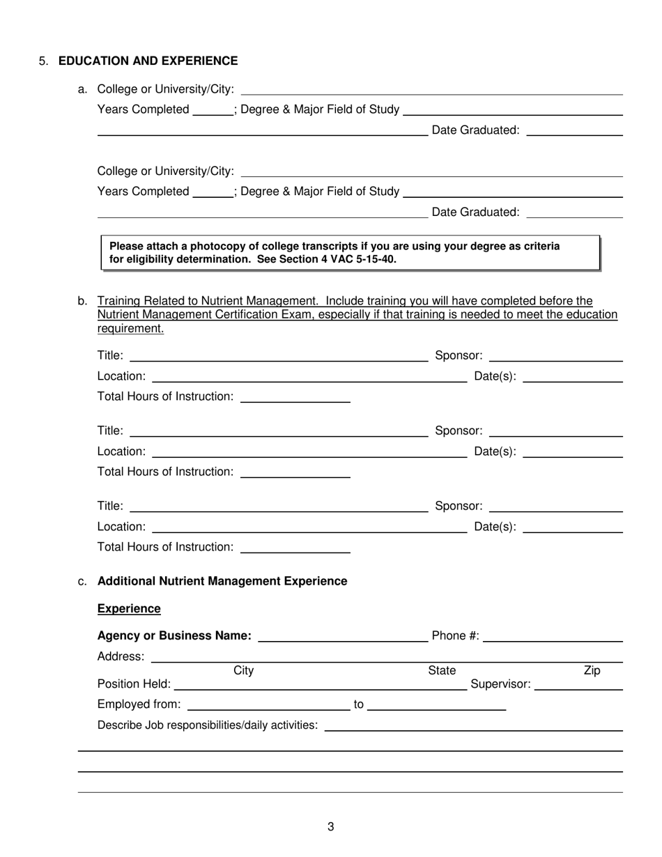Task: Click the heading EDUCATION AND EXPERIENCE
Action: tap(148, 61)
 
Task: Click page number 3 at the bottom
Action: tap(330, 827)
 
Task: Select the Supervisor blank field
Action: tap(578, 685)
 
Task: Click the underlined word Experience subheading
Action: tap(129, 609)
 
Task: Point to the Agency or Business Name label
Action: tap(174, 636)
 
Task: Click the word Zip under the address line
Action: tap(591, 671)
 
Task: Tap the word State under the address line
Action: tap(442, 671)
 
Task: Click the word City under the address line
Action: tap(243, 671)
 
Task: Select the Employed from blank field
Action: tap(268, 705)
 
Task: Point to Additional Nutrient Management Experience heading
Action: tap(222, 581)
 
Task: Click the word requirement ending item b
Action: tap(130, 329)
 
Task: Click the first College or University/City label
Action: tap(166, 89)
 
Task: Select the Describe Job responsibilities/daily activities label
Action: tap(208, 725)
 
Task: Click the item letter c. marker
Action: tap(82, 581)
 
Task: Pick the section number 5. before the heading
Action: tap(44, 61)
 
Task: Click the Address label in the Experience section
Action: tap(121, 656)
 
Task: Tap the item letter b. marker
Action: tap(82, 301)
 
